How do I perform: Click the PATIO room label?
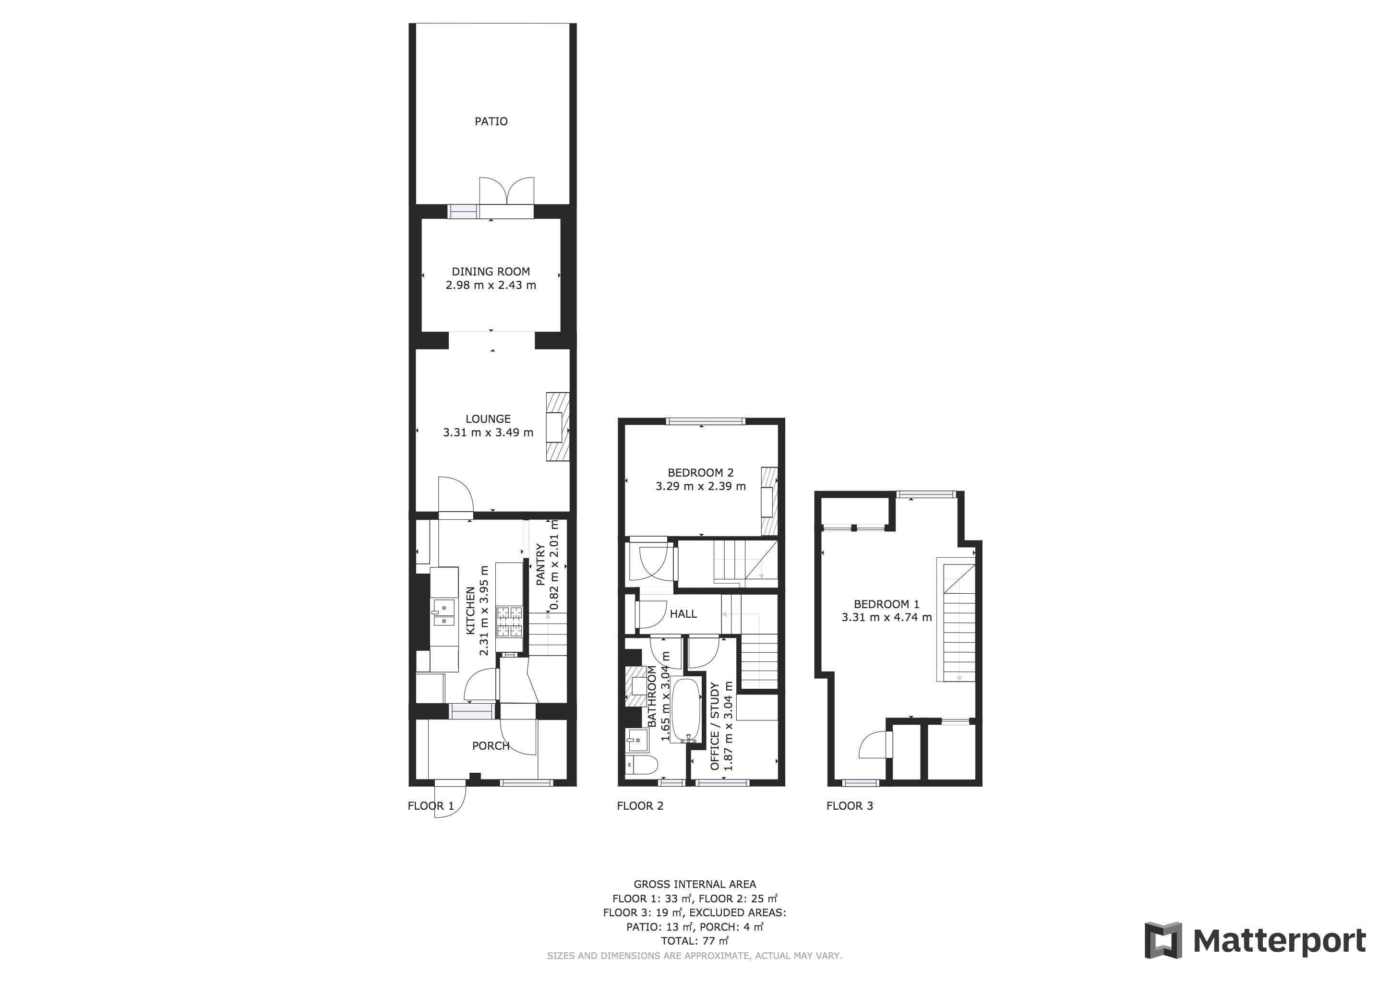[x=491, y=121]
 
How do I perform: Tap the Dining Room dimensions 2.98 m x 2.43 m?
[x=491, y=285]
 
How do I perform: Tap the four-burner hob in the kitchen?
[x=509, y=622]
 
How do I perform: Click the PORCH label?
[x=491, y=746]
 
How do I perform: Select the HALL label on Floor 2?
[x=683, y=614]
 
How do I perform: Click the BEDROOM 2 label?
[x=700, y=473]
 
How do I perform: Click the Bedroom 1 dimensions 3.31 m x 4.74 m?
[x=887, y=617]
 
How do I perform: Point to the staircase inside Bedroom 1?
[x=957, y=621]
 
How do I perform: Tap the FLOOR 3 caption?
[x=850, y=806]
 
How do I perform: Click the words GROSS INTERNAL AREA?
[x=695, y=884]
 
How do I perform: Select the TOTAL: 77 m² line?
[x=695, y=941]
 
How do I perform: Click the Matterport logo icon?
[x=1163, y=940]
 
